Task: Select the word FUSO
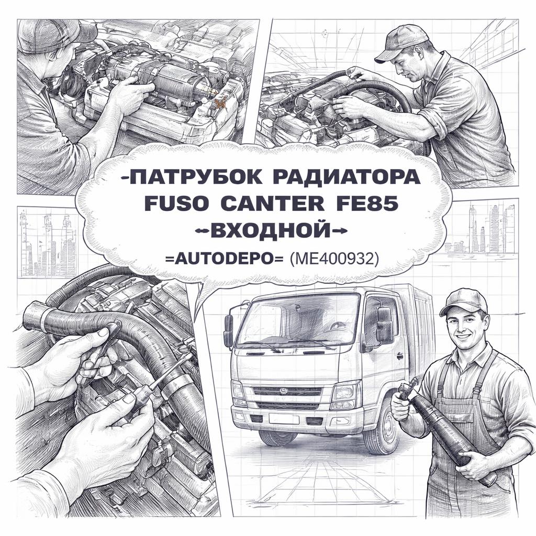[x=176, y=204]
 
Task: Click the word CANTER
[x=272, y=204]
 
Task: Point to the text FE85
[x=367, y=204]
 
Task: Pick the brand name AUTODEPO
[x=225, y=260]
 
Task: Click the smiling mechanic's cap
[x=464, y=301]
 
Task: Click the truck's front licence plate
[x=284, y=419]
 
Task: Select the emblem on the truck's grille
[x=284, y=390]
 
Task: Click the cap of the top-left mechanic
[x=54, y=36]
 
